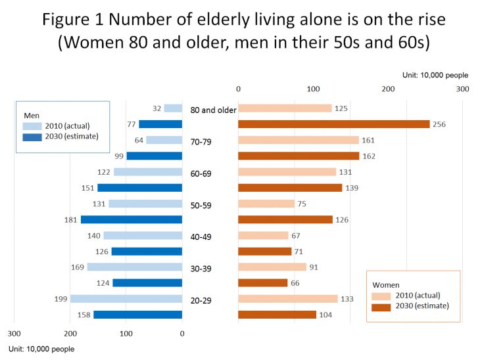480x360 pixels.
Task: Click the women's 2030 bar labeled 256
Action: (x=333, y=124)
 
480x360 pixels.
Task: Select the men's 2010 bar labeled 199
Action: (x=126, y=299)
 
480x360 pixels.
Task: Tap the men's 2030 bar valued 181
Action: (x=131, y=219)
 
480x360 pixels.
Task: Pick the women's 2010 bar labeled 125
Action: (x=285, y=108)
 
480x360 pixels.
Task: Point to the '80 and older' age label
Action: (x=213, y=110)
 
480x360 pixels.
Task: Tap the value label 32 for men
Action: (x=156, y=108)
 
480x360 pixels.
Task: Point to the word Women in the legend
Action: (x=386, y=284)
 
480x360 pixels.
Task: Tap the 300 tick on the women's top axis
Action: (x=463, y=89)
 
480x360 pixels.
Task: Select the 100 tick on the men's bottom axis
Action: (x=126, y=333)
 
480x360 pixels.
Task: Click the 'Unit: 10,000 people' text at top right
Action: (x=435, y=76)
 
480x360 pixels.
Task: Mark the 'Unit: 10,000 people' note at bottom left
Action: (x=41, y=349)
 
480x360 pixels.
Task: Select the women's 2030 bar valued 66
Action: (x=262, y=283)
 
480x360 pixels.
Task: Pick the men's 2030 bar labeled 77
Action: (x=160, y=124)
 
